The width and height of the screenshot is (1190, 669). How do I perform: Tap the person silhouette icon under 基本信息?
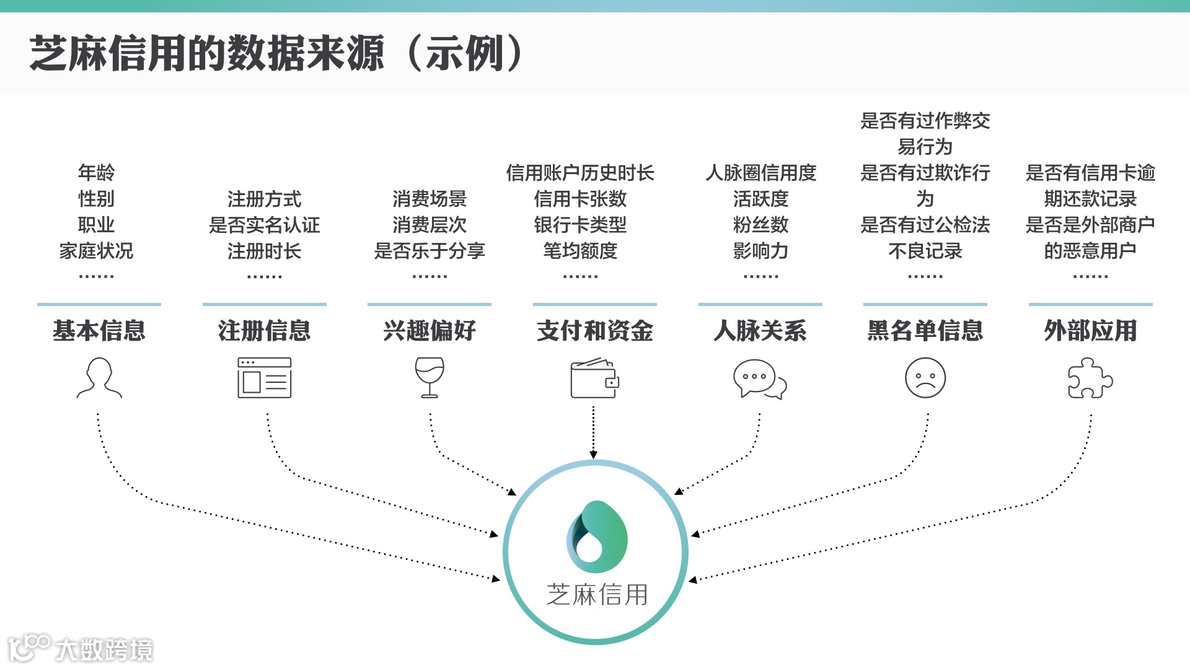click(99, 378)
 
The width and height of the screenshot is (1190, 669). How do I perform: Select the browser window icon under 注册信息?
click(265, 378)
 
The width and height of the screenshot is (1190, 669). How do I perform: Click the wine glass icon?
click(430, 377)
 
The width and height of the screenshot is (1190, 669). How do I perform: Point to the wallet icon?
click(594, 378)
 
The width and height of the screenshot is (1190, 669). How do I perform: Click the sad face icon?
click(925, 378)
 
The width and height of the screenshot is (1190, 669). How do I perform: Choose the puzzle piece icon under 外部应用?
click(1090, 378)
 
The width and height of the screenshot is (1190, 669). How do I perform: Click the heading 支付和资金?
click(595, 331)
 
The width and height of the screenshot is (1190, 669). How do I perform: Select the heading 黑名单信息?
click(925, 331)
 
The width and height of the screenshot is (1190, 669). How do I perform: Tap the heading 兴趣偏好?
click(430, 331)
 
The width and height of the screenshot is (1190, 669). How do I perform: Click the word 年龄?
click(97, 172)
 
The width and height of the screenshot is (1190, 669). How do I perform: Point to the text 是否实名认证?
click(265, 225)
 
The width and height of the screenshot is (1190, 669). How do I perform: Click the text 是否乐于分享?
click(430, 251)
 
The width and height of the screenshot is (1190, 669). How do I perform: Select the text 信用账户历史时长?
click(580, 173)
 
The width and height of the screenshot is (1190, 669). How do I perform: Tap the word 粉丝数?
click(760, 225)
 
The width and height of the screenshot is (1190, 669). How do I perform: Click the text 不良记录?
click(925, 251)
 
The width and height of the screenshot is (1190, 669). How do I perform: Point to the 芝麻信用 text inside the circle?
click(597, 595)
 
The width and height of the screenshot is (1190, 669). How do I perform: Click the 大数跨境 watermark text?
click(104, 650)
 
